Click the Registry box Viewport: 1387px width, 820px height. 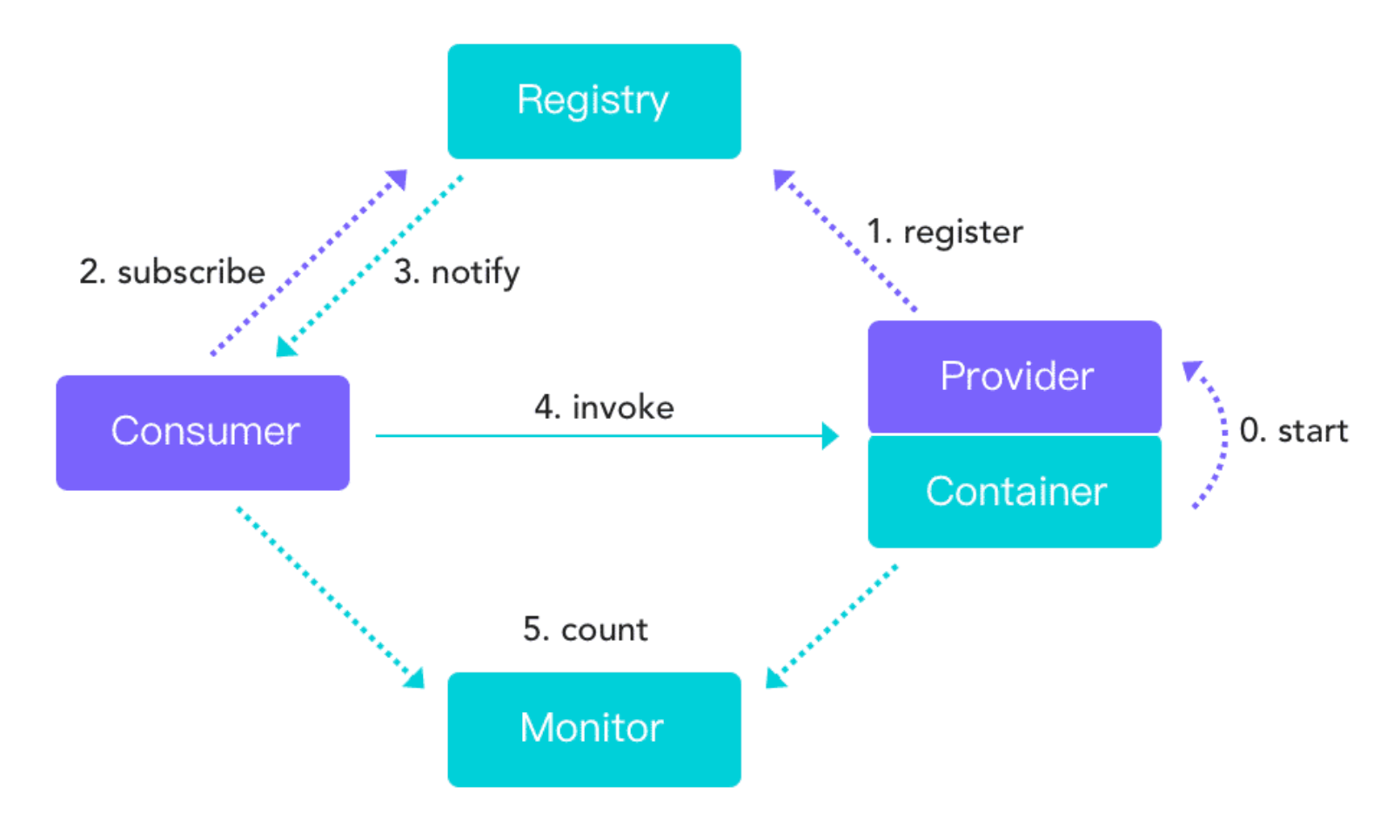point(593,102)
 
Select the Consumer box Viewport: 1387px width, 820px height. point(203,433)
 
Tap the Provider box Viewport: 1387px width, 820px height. point(1015,376)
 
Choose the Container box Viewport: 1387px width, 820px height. point(1015,492)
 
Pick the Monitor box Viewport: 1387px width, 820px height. point(593,729)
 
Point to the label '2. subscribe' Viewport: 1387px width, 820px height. point(172,272)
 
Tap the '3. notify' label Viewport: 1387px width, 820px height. point(457,273)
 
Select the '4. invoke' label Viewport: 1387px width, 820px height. point(605,407)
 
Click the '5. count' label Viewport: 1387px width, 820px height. point(585,629)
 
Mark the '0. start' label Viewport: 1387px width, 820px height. point(1294,430)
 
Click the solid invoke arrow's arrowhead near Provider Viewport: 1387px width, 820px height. point(830,436)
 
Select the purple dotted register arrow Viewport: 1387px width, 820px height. point(845,239)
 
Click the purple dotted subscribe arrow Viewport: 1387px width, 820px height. point(309,262)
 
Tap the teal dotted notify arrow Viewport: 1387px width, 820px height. point(369,266)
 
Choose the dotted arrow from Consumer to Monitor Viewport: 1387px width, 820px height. point(331,598)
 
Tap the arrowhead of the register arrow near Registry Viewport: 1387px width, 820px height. point(782,178)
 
